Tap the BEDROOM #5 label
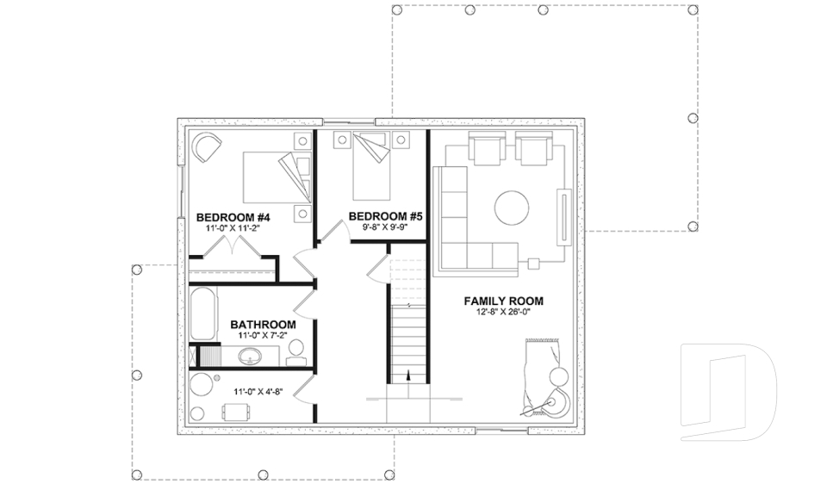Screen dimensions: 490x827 coord(385,216)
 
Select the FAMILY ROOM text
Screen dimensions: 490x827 coord(504,301)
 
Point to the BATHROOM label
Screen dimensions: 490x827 coord(263,325)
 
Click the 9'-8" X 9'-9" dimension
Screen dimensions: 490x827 coord(384,228)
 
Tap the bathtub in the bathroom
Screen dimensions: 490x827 coord(205,314)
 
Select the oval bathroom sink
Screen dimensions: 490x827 coord(252,356)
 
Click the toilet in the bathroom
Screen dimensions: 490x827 coord(295,349)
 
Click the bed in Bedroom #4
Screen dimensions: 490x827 coord(271,176)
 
